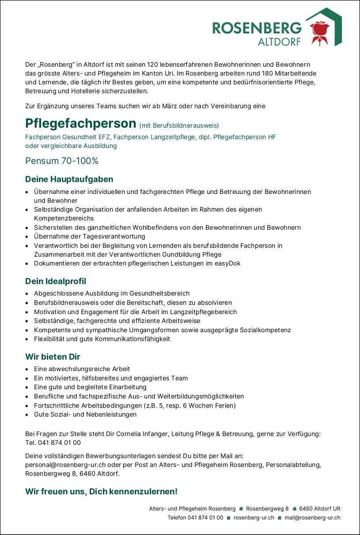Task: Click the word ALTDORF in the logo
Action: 279,42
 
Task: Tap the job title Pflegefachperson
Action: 80,123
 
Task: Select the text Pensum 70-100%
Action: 62,161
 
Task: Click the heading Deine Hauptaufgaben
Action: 69,179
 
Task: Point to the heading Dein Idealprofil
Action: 56,281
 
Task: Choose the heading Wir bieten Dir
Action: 53,357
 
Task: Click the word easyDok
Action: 227,264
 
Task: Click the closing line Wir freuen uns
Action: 101,491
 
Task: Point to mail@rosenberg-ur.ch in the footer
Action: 312,518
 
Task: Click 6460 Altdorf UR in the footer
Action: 319,508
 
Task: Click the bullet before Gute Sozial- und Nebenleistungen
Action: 27,415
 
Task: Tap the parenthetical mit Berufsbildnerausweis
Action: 179,125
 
